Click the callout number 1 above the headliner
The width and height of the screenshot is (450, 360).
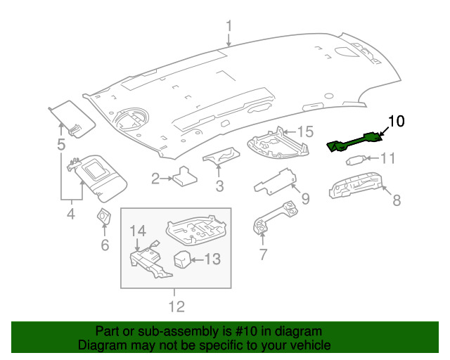click(229, 27)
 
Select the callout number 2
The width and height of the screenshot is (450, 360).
click(155, 179)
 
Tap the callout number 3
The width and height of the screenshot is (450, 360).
click(219, 187)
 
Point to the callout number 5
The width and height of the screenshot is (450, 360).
click(61, 146)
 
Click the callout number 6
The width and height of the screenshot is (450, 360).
click(105, 245)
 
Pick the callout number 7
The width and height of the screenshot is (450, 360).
click(263, 255)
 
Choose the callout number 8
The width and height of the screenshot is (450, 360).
click(397, 201)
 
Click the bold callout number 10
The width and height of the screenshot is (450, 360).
click(397, 121)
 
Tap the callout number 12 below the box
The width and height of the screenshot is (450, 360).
click(176, 307)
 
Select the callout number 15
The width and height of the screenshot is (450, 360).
click(304, 131)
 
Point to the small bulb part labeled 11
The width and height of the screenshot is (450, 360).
click(355, 160)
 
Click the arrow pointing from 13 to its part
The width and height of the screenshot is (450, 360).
click(197, 259)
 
